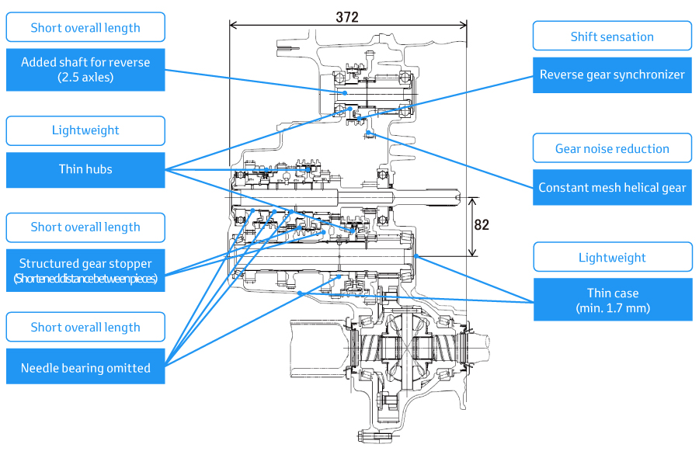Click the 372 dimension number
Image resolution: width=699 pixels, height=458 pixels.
tap(347, 17)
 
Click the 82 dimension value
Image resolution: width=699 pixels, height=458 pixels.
tap(482, 224)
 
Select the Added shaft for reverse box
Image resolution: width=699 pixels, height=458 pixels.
tap(85, 70)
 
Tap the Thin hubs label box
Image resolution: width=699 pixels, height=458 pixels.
tap(85, 170)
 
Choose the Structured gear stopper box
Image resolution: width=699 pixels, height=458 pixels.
tap(85, 270)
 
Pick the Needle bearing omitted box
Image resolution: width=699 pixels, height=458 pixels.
tap(85, 366)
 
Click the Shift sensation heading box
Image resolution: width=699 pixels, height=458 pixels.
tap(612, 36)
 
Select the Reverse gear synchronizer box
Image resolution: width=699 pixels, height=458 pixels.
tap(612, 75)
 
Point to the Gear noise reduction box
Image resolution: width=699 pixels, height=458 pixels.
tap(612, 148)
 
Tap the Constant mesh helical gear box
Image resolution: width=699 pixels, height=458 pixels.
tap(612, 187)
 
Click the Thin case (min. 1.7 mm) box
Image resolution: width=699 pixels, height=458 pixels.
tap(613, 300)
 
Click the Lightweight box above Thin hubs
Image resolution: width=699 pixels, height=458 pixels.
tap(85, 130)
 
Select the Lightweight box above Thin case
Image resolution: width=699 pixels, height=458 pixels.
tap(613, 257)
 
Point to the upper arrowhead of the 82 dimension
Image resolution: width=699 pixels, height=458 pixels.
tap(472, 201)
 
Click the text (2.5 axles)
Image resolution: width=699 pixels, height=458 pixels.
tap(85, 78)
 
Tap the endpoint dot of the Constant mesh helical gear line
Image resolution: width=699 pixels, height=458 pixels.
tap(369, 132)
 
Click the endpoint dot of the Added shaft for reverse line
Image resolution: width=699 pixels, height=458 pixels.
tap(345, 92)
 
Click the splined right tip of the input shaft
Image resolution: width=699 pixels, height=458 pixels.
tap(457, 196)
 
